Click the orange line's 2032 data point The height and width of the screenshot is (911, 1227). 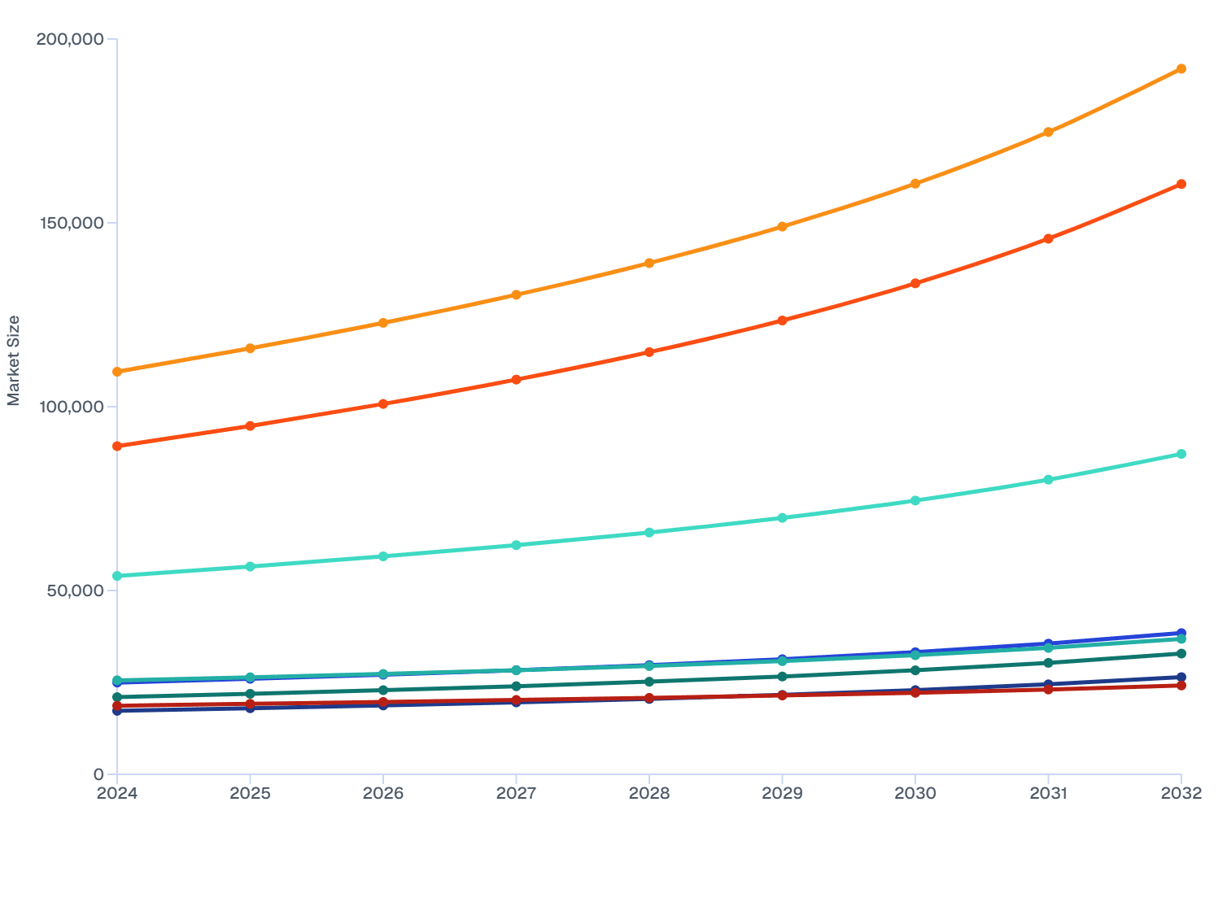click(1181, 69)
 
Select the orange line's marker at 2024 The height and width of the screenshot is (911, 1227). click(117, 372)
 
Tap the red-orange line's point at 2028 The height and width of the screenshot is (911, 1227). click(649, 352)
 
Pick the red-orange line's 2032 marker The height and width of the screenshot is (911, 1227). click(1181, 185)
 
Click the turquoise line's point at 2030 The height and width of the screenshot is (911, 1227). click(915, 501)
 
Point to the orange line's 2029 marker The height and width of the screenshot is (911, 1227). click(782, 227)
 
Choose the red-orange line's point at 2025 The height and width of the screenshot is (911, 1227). click(251, 426)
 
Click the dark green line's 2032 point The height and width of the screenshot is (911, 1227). click(1181, 654)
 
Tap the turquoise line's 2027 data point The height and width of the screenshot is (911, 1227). click(516, 545)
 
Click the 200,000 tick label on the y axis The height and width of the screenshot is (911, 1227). click(70, 39)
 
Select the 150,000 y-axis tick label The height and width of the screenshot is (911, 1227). click(70, 223)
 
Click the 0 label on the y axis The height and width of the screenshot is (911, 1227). click(98, 774)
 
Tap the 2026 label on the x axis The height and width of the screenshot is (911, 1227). click(383, 793)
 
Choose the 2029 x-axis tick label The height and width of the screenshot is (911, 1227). click(782, 793)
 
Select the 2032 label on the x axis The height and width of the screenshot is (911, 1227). click(1181, 793)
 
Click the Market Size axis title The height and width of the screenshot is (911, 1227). click(14, 360)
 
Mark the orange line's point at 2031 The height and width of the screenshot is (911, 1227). click(1048, 132)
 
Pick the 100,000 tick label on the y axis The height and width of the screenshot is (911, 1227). click(70, 407)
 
